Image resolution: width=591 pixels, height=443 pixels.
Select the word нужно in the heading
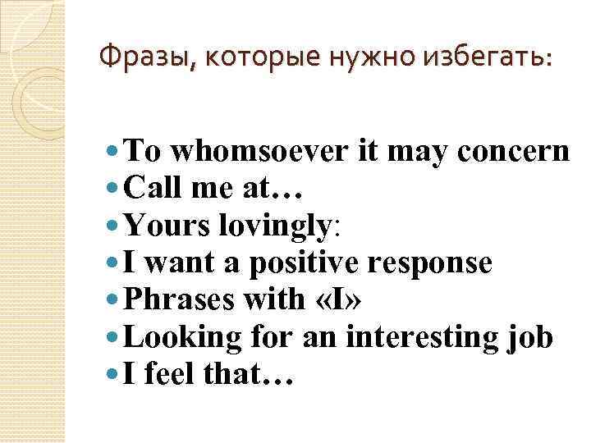pyautogui.click(x=364, y=57)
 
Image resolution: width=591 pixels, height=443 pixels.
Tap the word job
pyautogui.click(x=534, y=338)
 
